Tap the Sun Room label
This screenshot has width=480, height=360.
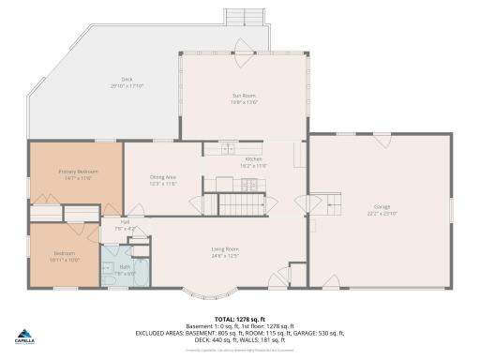click(244, 95)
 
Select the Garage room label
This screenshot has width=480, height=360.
click(381, 206)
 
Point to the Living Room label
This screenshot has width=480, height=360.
click(225, 248)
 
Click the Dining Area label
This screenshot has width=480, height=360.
click(163, 177)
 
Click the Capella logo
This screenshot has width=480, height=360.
click(25, 337)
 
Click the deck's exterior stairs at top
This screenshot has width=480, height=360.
click(247, 17)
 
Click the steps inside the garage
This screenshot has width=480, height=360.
click(320, 204)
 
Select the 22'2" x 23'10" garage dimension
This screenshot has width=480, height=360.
click(381, 213)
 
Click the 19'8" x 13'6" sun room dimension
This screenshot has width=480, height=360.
click(244, 101)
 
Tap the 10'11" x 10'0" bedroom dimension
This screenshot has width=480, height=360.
click(64, 260)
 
